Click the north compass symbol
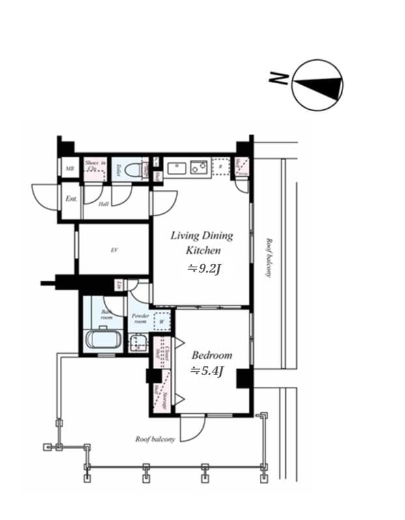(x=317, y=84)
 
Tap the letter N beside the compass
(x=279, y=79)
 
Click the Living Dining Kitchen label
(x=201, y=242)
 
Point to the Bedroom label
(x=212, y=356)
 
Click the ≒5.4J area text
(x=207, y=371)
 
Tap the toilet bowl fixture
(x=135, y=170)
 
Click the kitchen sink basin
(x=176, y=169)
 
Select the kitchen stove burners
(x=199, y=169)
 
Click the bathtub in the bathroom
(x=101, y=340)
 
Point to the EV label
(x=114, y=250)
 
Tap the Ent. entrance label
(x=71, y=198)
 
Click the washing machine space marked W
(x=161, y=321)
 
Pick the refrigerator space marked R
(x=221, y=167)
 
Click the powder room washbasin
(x=138, y=343)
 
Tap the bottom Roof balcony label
(x=155, y=439)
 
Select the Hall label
(x=103, y=203)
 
